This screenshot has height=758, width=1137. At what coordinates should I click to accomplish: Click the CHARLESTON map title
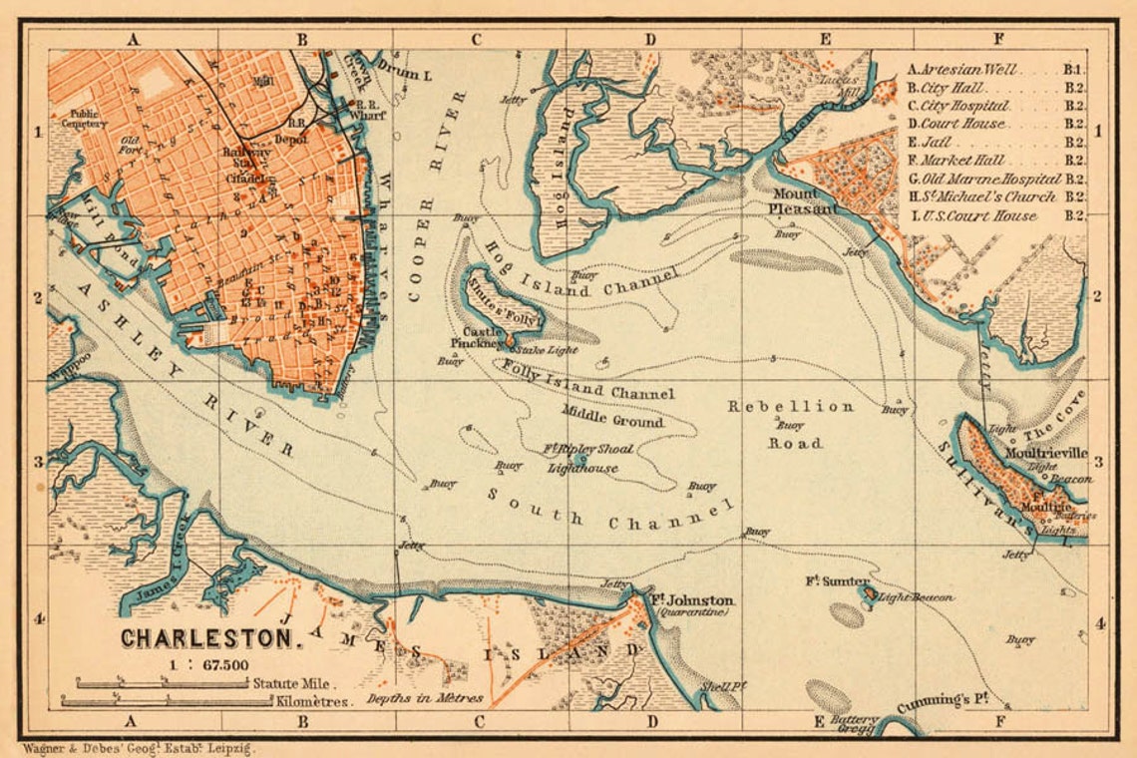[x=211, y=635]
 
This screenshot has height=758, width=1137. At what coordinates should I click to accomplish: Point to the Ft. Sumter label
[x=838, y=581]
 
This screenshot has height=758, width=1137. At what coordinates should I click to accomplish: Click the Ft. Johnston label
[x=692, y=600]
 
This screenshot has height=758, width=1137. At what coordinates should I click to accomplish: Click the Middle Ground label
[x=611, y=416]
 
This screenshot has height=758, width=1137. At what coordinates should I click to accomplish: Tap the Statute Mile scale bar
[x=165, y=684]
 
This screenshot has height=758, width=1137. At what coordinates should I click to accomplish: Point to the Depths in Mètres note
[x=424, y=698]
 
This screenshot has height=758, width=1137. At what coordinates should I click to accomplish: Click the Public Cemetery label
[x=87, y=119]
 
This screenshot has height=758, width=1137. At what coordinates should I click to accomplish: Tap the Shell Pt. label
[x=723, y=687]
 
